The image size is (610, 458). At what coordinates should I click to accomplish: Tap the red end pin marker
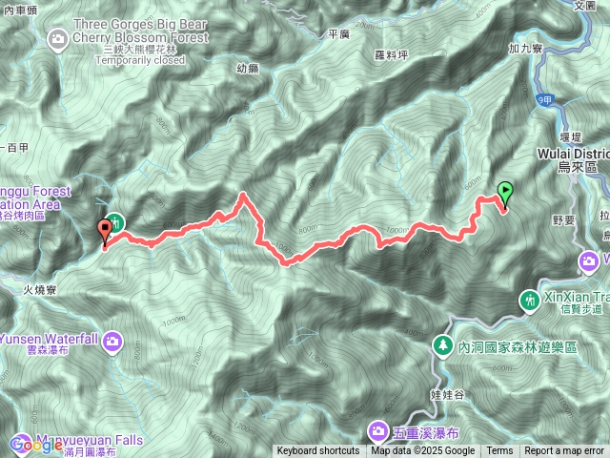[104, 229]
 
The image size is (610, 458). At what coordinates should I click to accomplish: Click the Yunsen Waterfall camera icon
[112, 313]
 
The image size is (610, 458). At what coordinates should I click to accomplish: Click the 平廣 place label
[339, 34]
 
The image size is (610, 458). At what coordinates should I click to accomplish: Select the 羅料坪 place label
[392, 55]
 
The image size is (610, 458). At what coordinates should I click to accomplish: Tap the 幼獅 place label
[247, 69]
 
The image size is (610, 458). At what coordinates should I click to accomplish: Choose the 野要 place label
[563, 219]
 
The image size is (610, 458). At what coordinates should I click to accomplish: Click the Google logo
[36, 444]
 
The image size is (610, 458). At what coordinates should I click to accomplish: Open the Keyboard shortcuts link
[318, 451]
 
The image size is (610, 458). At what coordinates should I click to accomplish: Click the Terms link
[499, 451]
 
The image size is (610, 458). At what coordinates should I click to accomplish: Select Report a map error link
[564, 451]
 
